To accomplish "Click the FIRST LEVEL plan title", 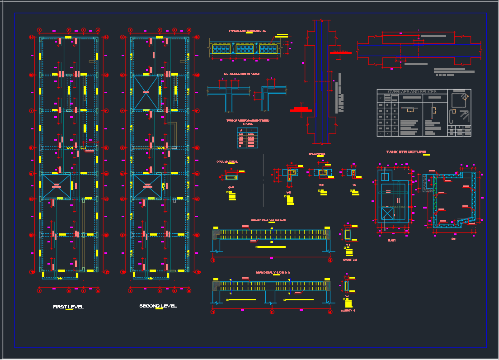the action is [68, 307].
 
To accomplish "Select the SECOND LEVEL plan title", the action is [158, 306].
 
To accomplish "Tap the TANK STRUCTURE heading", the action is [406, 152].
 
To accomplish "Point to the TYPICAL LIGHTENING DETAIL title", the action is [247, 31].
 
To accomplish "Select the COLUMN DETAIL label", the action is [227, 161].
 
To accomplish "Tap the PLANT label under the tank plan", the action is [391, 240].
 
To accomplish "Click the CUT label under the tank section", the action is [454, 239].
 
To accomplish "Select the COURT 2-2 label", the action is [350, 260].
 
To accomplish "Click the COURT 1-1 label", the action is [348, 310].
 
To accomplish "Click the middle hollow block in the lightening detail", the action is [244, 49].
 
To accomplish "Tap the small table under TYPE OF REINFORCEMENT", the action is [248, 138].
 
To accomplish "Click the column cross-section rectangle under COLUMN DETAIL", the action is [231, 177].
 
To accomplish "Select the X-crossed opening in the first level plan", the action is [56, 185].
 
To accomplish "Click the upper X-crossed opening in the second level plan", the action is [146, 93].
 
